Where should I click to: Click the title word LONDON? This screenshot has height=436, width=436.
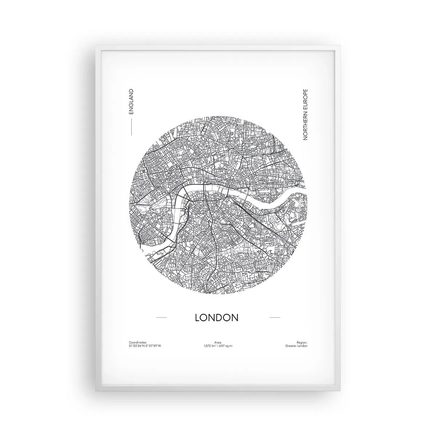point(217,317)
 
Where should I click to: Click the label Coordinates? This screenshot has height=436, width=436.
point(137,342)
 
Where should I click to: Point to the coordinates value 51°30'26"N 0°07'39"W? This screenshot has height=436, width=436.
point(145,346)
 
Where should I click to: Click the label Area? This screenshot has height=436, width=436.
point(218,342)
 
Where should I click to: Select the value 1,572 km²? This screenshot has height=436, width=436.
point(210,346)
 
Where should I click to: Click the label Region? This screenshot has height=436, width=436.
point(302,342)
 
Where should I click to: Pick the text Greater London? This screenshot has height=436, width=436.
point(296,346)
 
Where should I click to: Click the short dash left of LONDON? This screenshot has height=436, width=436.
point(161,318)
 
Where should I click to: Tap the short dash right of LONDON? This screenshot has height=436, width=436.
point(275,318)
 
